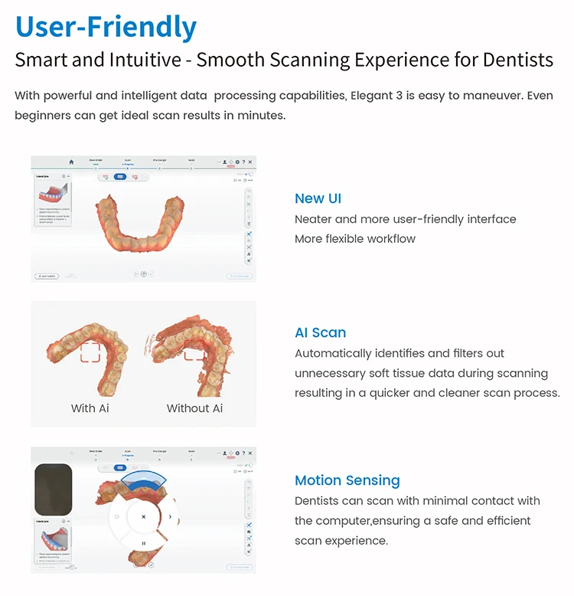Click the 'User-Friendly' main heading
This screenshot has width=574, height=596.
click(106, 27)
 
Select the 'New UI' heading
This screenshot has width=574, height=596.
click(318, 198)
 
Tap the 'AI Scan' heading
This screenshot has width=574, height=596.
click(320, 332)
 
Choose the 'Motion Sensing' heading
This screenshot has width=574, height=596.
click(347, 480)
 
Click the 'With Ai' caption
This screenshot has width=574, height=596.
click(90, 408)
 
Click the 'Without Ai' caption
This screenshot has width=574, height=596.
click(194, 408)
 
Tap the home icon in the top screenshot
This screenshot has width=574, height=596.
click(71, 162)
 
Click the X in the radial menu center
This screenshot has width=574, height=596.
click(143, 517)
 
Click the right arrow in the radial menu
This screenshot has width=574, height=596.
click(170, 517)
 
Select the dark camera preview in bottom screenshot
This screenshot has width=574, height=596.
click(54, 489)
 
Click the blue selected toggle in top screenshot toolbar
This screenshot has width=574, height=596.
click(119, 177)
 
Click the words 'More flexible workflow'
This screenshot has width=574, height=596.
click(355, 238)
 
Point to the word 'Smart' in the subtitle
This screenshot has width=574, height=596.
click(41, 61)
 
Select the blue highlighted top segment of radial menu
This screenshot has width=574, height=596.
click(144, 480)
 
